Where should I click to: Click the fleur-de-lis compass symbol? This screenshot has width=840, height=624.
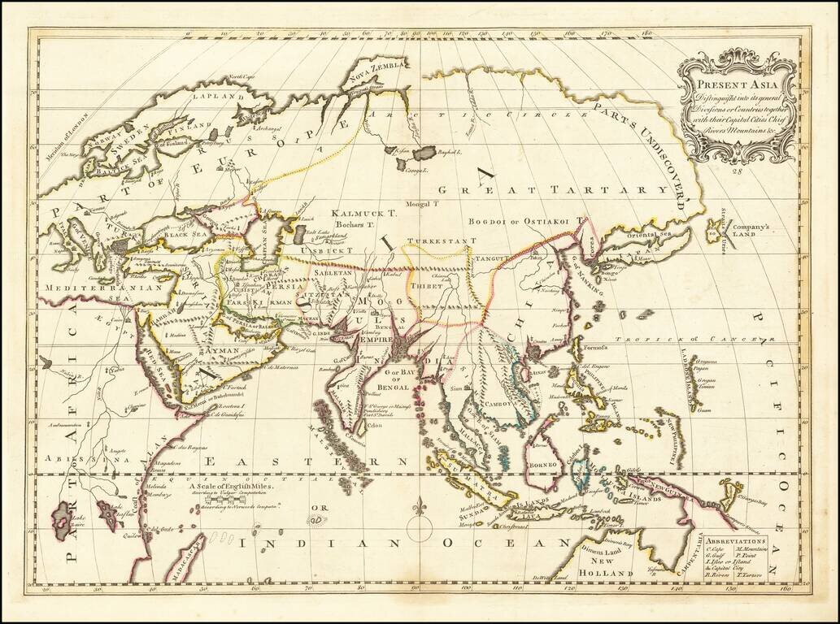click(420, 511)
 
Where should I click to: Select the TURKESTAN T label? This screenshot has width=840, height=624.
click(441, 241)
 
